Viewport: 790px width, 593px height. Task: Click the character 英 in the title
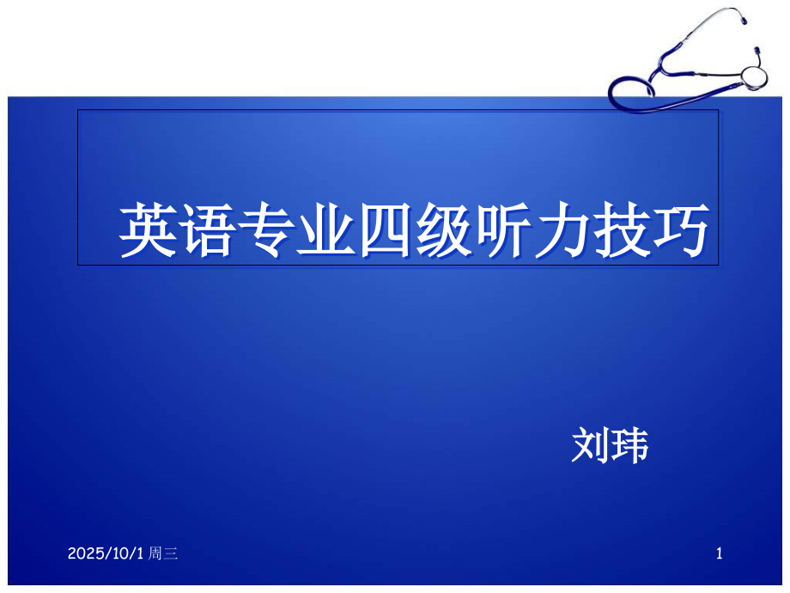147,230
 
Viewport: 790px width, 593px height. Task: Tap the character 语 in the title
206,230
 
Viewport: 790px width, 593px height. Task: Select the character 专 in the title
265,230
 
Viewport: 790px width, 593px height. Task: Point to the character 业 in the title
325,230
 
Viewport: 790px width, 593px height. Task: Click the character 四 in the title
384,230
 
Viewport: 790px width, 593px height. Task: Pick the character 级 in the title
443,230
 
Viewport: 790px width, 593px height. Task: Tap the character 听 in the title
502,230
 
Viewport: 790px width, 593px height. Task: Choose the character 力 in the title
562,230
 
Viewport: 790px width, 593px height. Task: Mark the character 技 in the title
621,230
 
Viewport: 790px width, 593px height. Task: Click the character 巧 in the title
680,230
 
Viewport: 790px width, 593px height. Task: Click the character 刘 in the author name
591,446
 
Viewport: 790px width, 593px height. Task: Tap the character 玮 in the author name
629,446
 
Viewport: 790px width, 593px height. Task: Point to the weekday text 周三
163,555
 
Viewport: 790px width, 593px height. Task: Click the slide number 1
720,555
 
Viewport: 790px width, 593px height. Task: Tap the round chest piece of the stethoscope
753,75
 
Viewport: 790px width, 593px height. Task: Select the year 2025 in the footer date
84,555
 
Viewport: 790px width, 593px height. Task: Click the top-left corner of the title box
78,110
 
